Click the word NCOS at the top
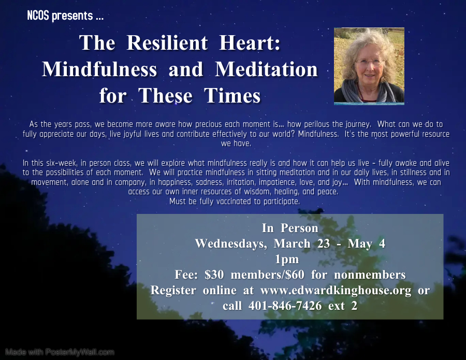(38, 16)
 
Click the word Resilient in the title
(167, 42)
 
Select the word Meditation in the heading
(266, 69)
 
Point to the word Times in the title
(232, 95)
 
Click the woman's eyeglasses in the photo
(369, 63)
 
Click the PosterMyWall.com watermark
(60, 352)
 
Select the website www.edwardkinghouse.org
(336, 290)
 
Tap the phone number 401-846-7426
(285, 306)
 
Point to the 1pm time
(287, 259)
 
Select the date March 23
(302, 244)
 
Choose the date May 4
(367, 244)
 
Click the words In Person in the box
(290, 228)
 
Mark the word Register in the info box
(173, 290)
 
